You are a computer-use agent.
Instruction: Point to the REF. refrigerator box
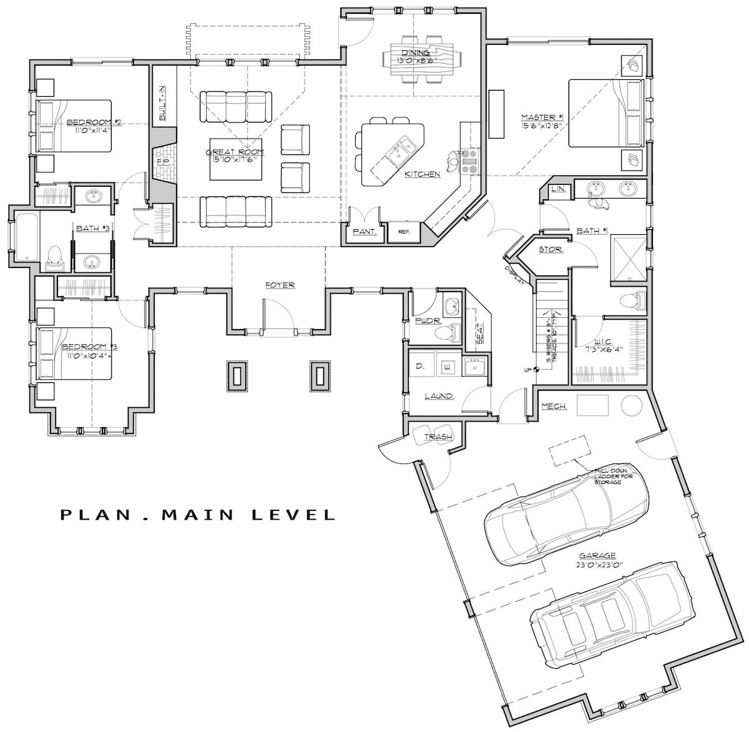[403, 231]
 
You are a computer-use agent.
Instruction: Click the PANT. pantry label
[364, 232]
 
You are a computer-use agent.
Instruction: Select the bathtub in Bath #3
[27, 237]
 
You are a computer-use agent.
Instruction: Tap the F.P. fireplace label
[163, 162]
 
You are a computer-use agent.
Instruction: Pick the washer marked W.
[447, 367]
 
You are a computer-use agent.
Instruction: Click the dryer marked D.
[420, 367]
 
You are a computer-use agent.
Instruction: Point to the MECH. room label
[554, 407]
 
